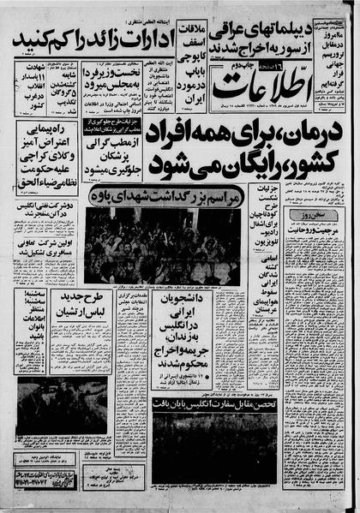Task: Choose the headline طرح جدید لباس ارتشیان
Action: coord(81,304)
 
